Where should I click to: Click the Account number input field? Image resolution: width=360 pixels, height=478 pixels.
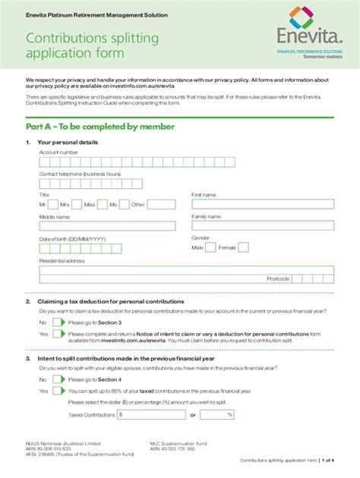pyautogui.click(x=107, y=161)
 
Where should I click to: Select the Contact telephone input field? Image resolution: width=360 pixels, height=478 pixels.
pyautogui.click(x=107, y=182)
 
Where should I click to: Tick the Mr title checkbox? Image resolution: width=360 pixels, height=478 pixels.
pyautogui.click(x=52, y=205)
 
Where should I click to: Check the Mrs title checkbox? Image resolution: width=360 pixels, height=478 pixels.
pyautogui.click(x=76, y=205)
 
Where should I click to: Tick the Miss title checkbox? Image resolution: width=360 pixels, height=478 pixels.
pyautogui.click(x=102, y=205)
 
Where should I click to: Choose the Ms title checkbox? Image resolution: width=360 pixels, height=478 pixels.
pyautogui.click(x=124, y=205)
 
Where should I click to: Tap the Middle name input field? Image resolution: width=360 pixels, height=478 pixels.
pyautogui.click(x=107, y=226)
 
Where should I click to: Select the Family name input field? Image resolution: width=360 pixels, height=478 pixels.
pyautogui.click(x=262, y=226)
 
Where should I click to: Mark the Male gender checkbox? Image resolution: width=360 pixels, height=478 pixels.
pyautogui.click(x=210, y=247)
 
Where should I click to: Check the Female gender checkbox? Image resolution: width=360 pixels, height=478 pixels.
pyautogui.click(x=243, y=247)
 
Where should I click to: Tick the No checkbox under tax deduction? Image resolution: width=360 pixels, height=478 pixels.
pyautogui.click(x=58, y=322)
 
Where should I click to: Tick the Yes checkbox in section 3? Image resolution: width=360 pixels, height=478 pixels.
pyautogui.click(x=58, y=391)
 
